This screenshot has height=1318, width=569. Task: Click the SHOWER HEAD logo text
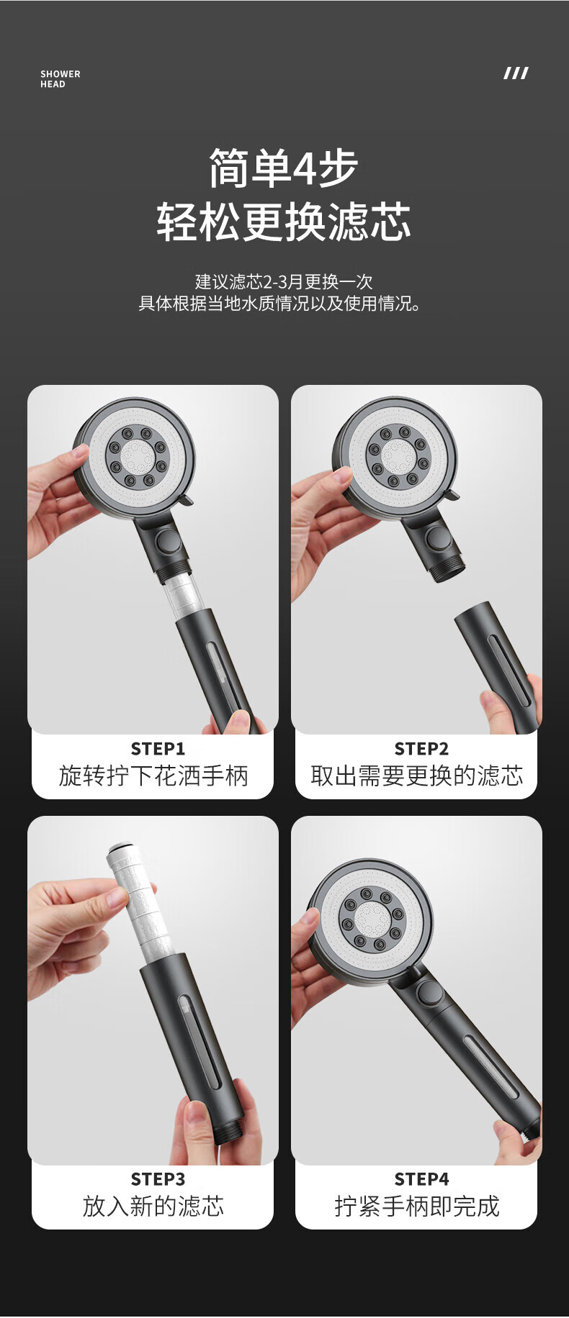(61, 79)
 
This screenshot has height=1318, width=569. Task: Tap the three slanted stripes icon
(516, 73)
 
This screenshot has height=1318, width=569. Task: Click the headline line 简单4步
(284, 168)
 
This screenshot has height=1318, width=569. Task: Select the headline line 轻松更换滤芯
(284, 222)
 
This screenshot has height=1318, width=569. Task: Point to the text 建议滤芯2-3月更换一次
(284, 281)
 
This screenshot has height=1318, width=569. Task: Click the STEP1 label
(158, 749)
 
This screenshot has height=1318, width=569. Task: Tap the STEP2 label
(421, 749)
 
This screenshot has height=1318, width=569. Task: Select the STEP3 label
(158, 1179)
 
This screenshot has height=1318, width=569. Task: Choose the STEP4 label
(421, 1179)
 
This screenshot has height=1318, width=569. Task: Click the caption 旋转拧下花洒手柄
(153, 776)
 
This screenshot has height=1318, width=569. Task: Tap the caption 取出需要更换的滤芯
(417, 776)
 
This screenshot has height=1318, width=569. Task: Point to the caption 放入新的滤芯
(153, 1206)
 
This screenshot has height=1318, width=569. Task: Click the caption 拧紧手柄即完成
(417, 1206)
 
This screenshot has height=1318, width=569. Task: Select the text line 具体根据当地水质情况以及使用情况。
(279, 303)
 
